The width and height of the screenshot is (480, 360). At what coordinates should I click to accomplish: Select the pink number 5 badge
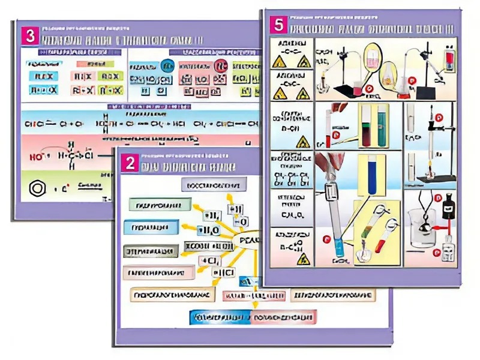[x=277, y=26]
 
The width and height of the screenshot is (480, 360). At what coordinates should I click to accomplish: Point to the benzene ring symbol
[x=38, y=188]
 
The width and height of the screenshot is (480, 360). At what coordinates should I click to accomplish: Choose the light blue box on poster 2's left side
[x=151, y=227]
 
